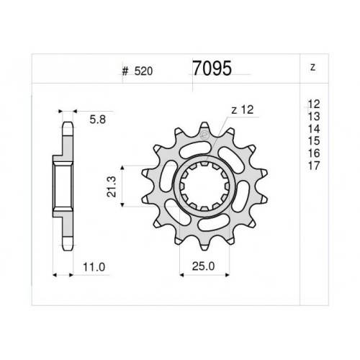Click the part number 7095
[212, 68]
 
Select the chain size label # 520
[138, 71]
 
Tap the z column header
[312, 67]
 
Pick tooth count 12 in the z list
[314, 104]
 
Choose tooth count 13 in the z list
[314, 117]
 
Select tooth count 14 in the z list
[314, 129]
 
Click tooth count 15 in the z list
[314, 141]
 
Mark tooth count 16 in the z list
[314, 153]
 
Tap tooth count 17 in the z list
[314, 166]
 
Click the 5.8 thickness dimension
[98, 120]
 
